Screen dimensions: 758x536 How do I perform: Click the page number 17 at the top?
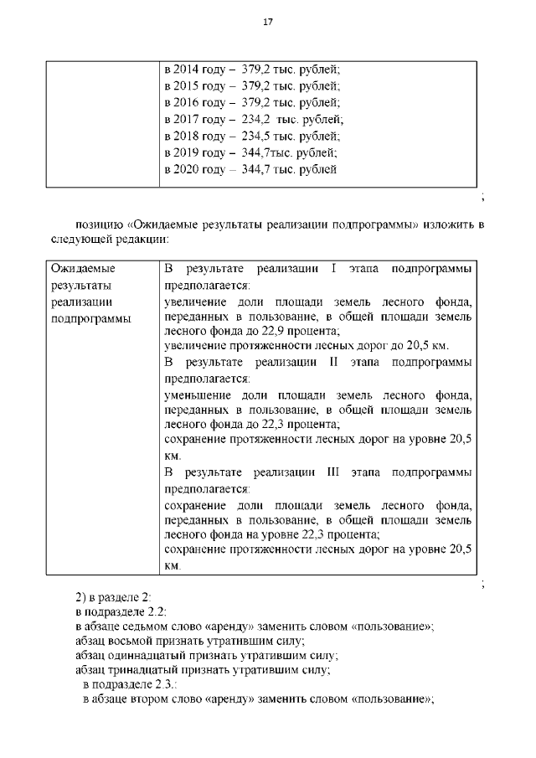(268, 22)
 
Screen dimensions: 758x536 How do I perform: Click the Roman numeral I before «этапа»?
(333, 269)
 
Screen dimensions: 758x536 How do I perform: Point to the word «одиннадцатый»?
(144, 656)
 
